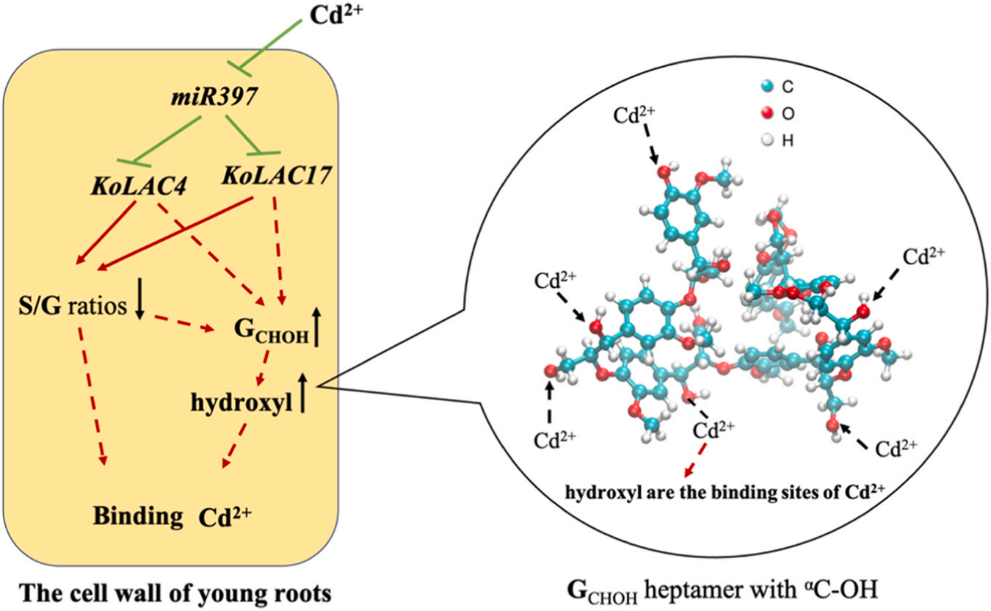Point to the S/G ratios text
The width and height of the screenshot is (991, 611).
71,305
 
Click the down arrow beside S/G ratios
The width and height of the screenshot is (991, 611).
139,302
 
